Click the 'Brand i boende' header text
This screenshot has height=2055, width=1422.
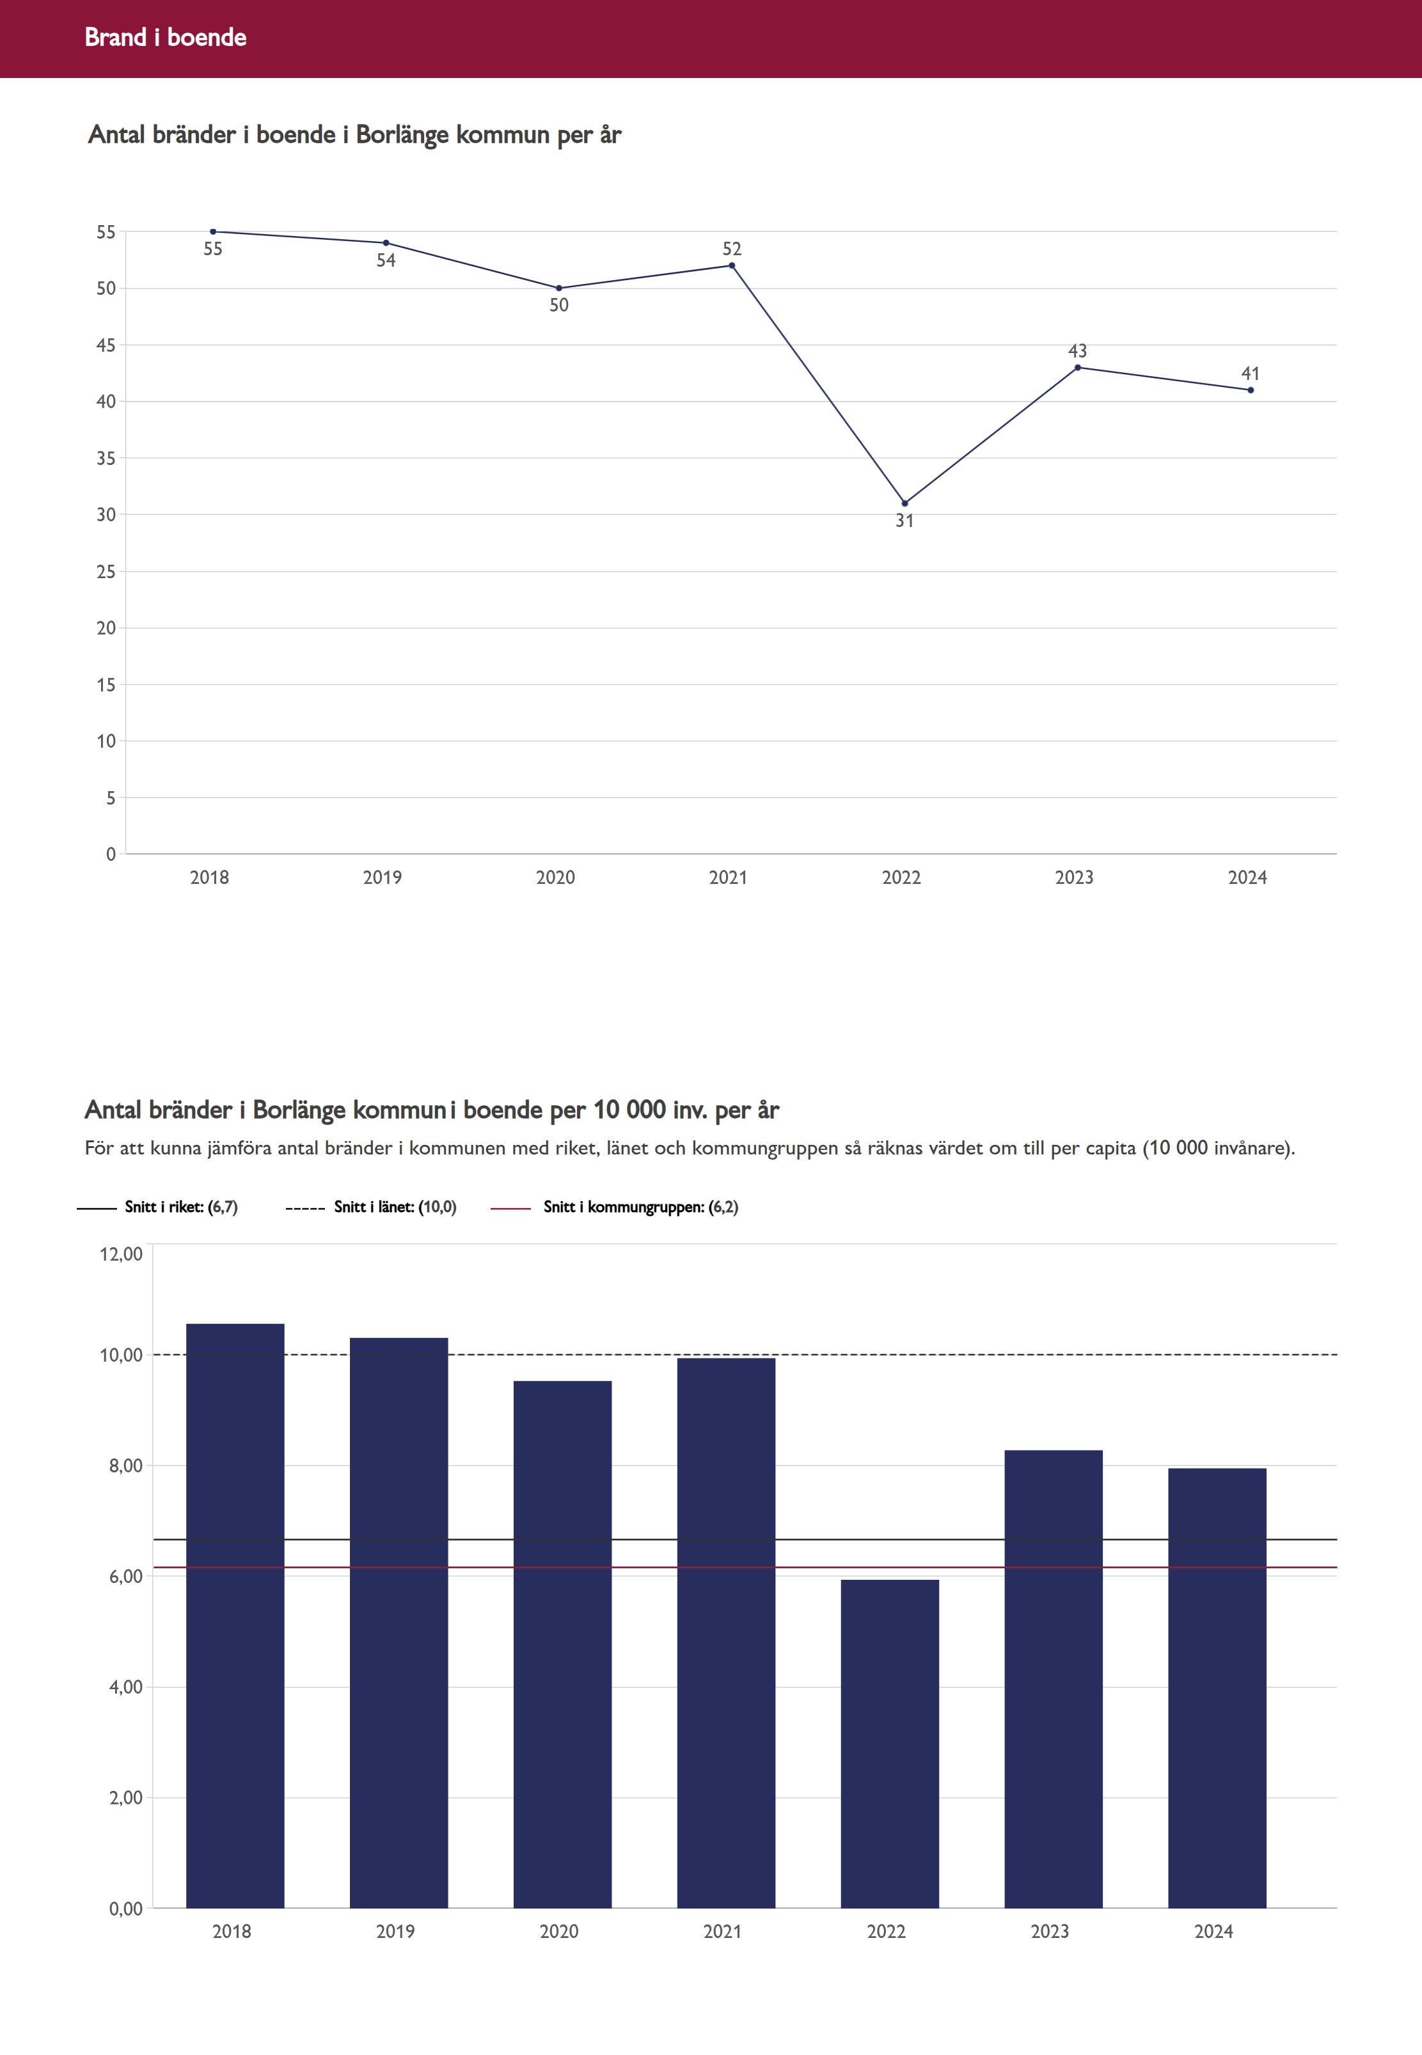pyautogui.click(x=165, y=37)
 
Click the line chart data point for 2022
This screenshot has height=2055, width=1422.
pyautogui.click(x=905, y=503)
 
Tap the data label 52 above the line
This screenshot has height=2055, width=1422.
pyautogui.click(x=732, y=249)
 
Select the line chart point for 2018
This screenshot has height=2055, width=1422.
pyautogui.click(x=213, y=232)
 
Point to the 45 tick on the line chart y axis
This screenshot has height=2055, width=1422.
pyautogui.click(x=106, y=345)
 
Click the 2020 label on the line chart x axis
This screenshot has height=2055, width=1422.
pyautogui.click(x=555, y=878)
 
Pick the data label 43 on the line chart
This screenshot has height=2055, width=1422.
pyautogui.click(x=1077, y=351)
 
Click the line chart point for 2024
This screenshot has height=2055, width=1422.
pyautogui.click(x=1250, y=390)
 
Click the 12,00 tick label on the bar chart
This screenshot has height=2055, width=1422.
pyautogui.click(x=121, y=1254)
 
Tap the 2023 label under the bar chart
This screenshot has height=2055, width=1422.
pyautogui.click(x=1050, y=1931)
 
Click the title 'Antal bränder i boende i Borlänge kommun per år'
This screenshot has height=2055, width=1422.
pyautogui.click(x=354, y=136)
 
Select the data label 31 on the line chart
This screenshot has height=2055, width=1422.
pyautogui.click(x=905, y=521)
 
